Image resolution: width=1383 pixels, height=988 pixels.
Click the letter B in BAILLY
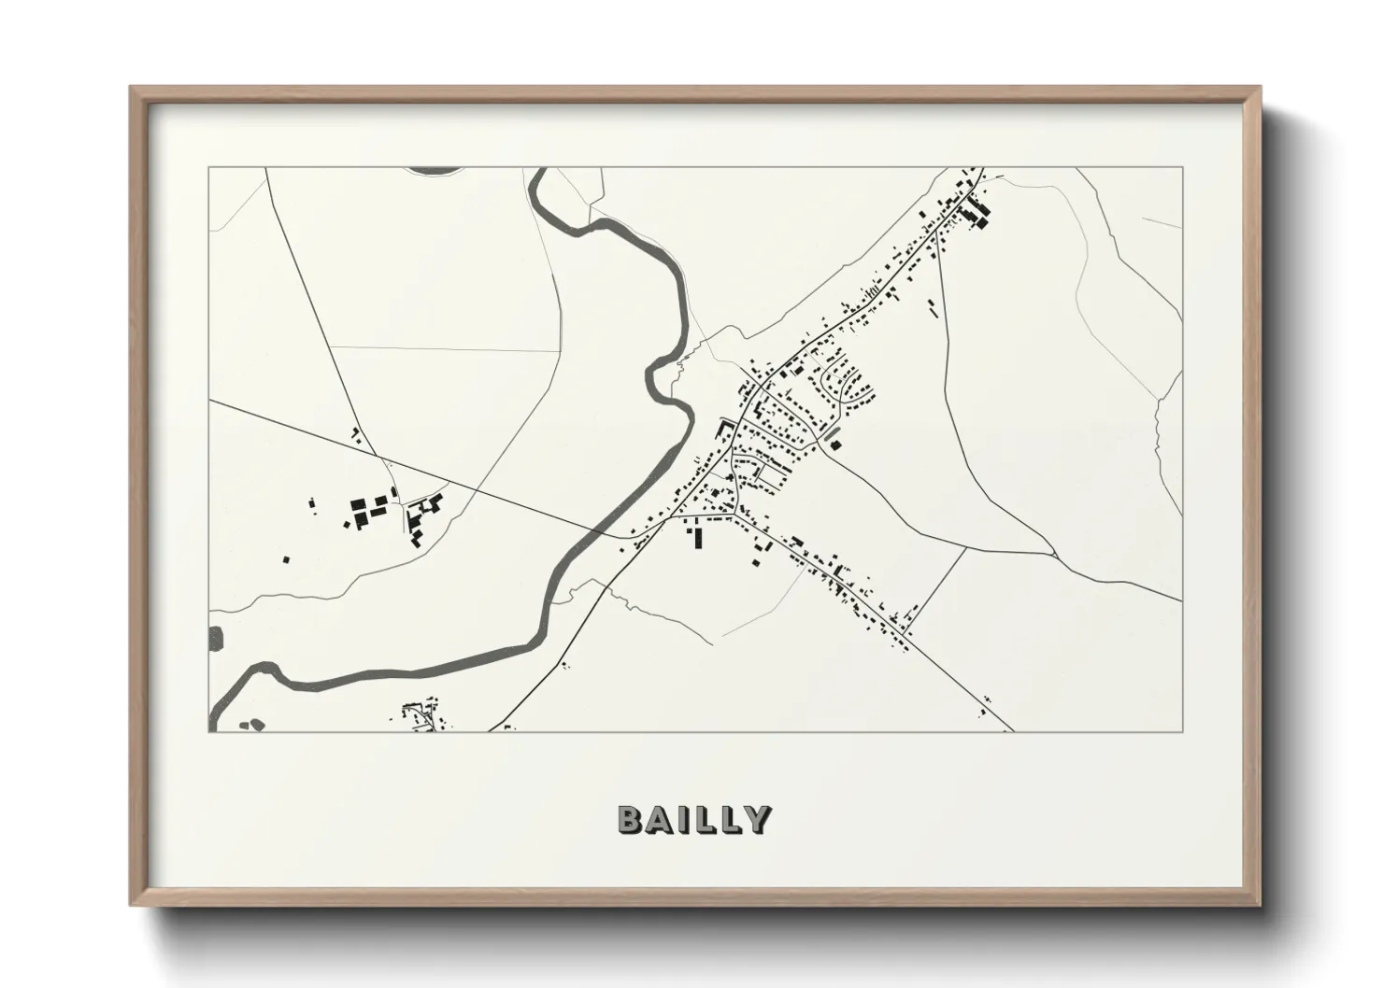[629, 819]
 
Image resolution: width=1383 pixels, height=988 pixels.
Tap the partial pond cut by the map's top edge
[435, 171]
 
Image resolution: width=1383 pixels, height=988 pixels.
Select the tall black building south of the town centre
[696, 538]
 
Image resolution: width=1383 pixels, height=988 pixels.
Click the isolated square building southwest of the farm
[287, 559]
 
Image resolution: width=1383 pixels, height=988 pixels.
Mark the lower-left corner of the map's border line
[209, 731]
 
